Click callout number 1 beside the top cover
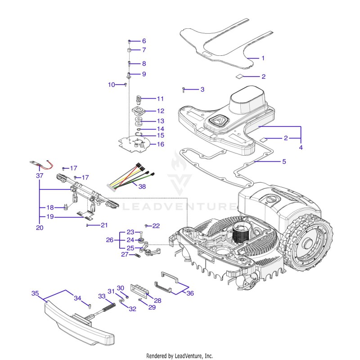tap(263, 58)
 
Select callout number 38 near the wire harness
tap(142, 186)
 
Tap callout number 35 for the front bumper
tap(35, 293)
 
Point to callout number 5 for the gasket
tap(284, 162)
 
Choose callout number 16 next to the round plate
tap(161, 144)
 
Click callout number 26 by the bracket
tap(109, 240)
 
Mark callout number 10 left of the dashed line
tap(111, 85)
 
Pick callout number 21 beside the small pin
tap(104, 225)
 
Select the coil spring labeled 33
tap(109, 307)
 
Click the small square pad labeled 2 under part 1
tap(239, 76)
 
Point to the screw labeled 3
tap(184, 90)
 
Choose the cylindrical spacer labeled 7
tap(129, 50)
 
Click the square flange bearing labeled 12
tap(139, 111)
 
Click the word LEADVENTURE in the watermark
tap(179, 207)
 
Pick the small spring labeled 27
tap(138, 255)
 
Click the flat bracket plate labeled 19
tap(85, 215)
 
